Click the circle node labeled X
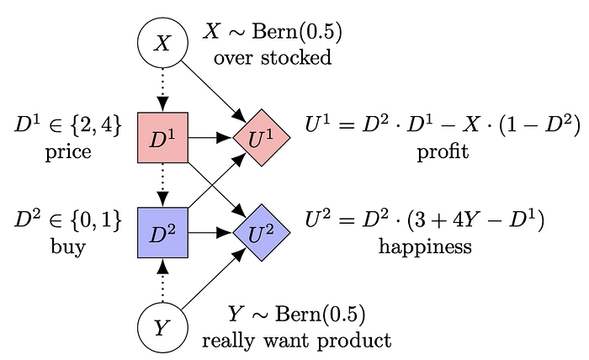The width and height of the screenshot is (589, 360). tap(162, 43)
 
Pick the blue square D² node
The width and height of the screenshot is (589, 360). tap(162, 231)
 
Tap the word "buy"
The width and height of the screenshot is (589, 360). tap(69, 246)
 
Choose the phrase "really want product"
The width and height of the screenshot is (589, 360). tap(297, 341)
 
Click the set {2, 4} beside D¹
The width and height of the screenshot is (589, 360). tap(95, 128)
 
